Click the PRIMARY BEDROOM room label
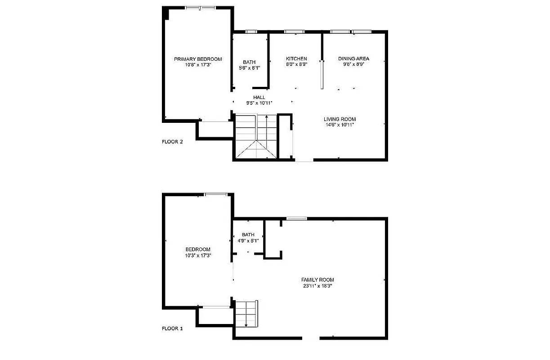tap(198, 59)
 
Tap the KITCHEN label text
tap(296, 58)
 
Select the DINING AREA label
tap(353, 58)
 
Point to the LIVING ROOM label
tap(340, 119)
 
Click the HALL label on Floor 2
tap(259, 97)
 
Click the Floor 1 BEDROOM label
tap(198, 249)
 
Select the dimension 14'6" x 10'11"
tap(340, 125)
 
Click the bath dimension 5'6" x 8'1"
tap(250, 68)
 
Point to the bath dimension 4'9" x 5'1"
tap(248, 241)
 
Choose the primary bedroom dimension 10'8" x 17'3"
tap(198, 65)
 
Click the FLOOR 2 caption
tap(172, 142)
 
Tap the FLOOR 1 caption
tap(172, 328)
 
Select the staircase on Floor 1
tap(246, 313)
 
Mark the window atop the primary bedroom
tap(201, 8)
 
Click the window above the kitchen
tap(295, 31)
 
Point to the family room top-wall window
tap(296, 219)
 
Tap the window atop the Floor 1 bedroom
tap(216, 194)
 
